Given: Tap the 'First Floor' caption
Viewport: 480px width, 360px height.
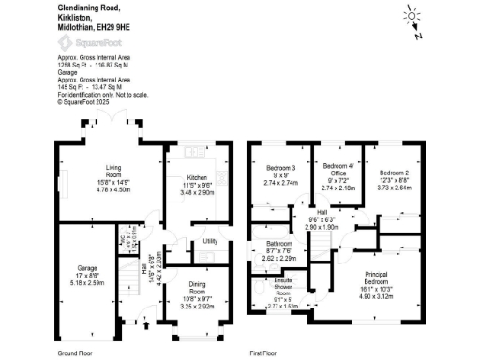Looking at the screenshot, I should pos(267,352).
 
